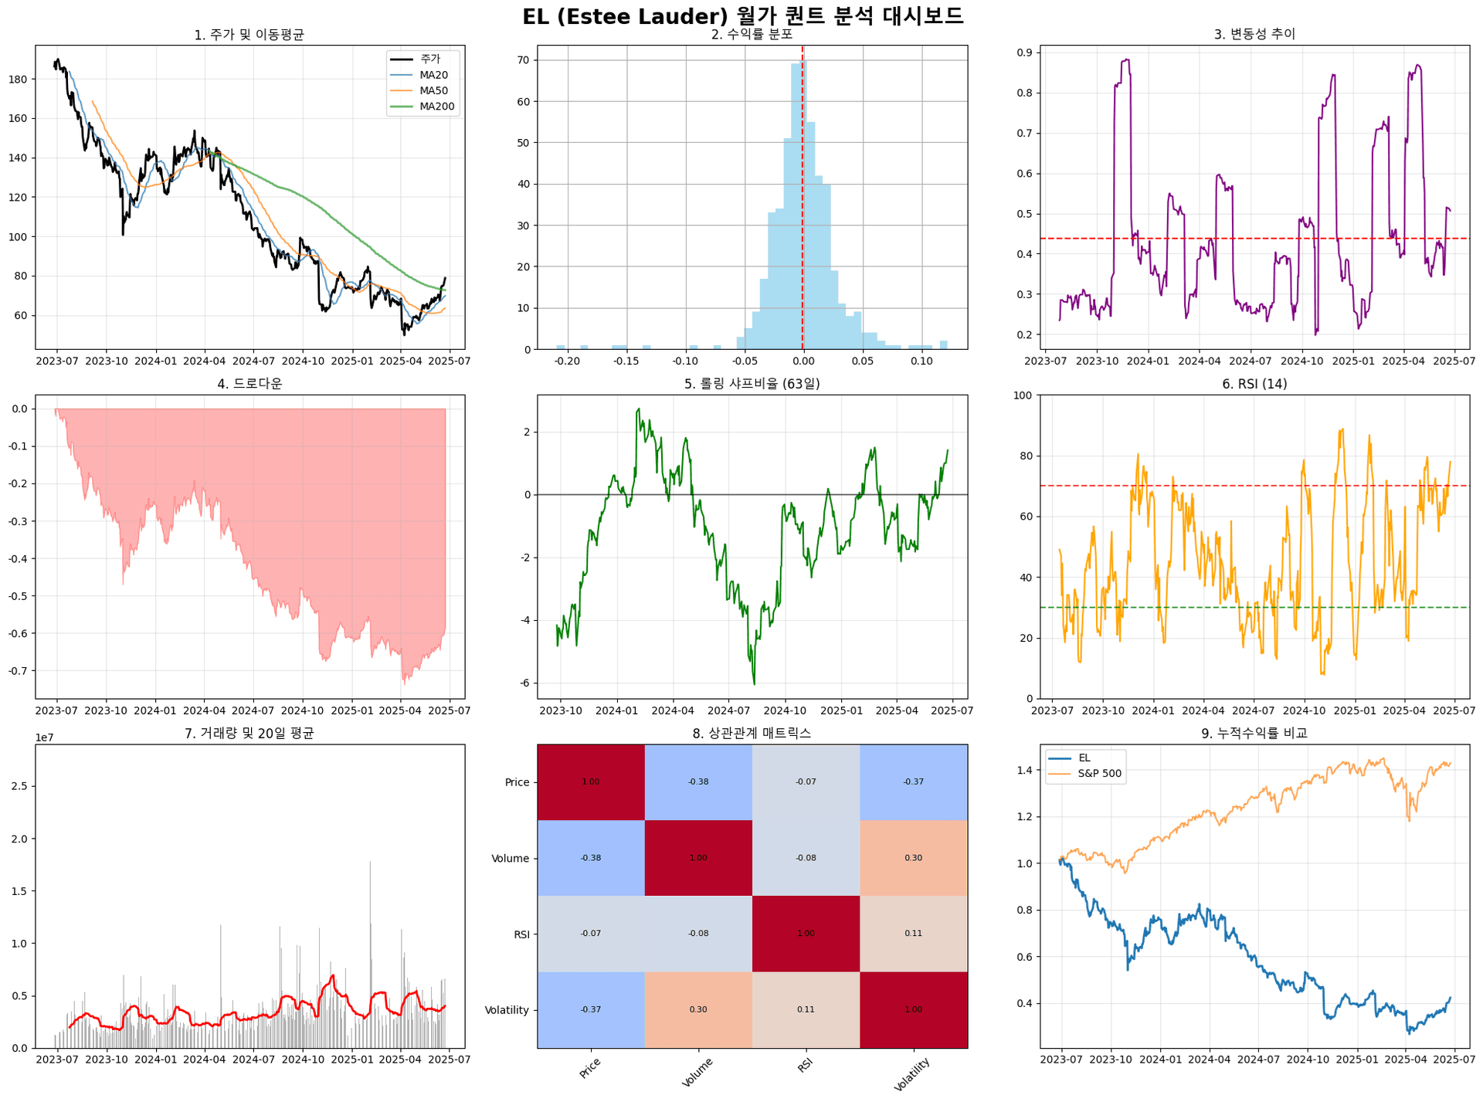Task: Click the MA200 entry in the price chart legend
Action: [436, 107]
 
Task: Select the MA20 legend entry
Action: [433, 75]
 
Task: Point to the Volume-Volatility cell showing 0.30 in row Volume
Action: [913, 858]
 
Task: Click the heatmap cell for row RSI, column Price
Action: [591, 934]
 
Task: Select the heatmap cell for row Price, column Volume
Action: [698, 782]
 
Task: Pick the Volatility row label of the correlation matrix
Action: [507, 1010]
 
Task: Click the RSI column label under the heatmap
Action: [805, 1066]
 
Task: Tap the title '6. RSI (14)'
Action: [1254, 384]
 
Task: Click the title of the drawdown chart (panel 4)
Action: [249, 384]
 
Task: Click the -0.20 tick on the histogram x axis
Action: [567, 361]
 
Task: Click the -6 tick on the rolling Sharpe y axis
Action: [525, 683]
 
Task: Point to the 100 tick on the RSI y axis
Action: [1022, 395]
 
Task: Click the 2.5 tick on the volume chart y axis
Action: [20, 786]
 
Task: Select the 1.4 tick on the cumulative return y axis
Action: [1025, 770]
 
